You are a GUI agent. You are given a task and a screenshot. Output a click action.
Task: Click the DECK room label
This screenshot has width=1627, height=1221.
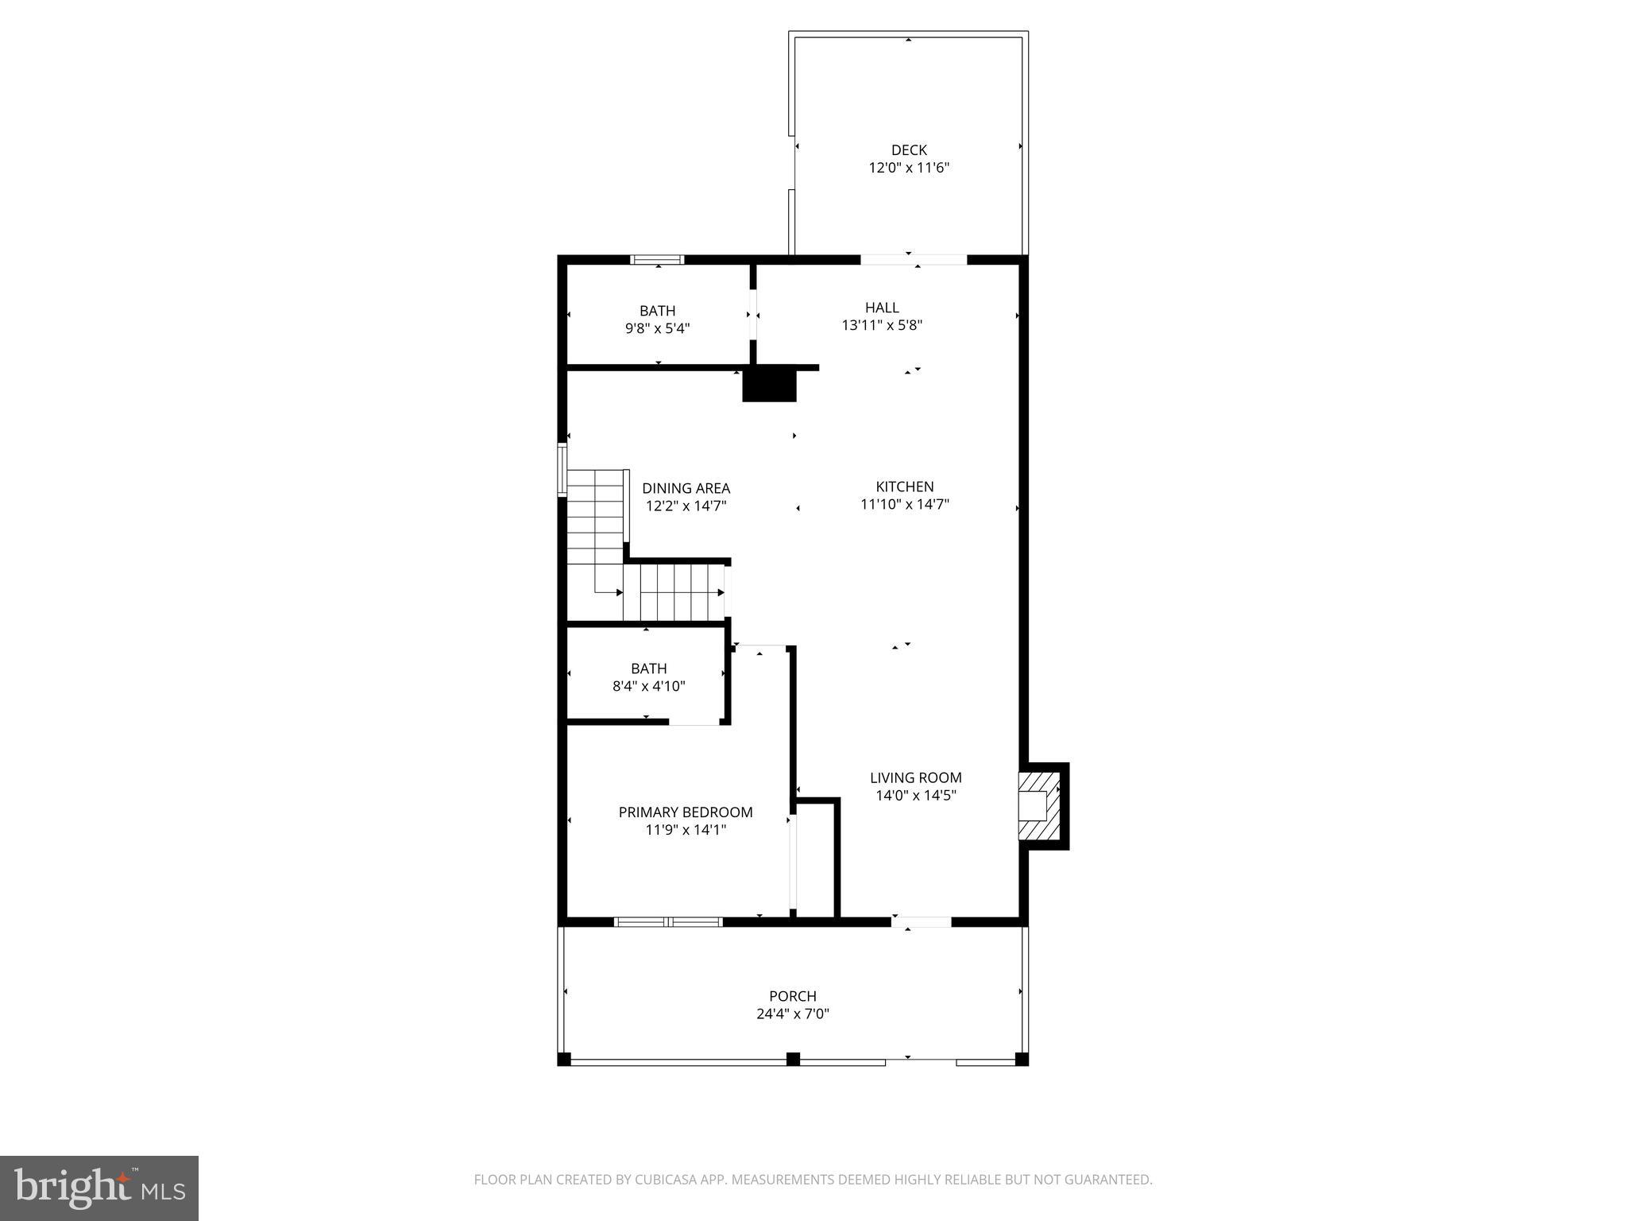(x=909, y=150)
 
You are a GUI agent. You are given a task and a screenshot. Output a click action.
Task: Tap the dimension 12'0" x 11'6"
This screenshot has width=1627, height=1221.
(x=909, y=168)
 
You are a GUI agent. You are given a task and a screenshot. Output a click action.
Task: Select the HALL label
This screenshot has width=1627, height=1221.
(x=882, y=308)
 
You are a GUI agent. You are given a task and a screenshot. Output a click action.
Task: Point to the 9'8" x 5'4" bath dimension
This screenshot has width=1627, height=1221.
(x=657, y=328)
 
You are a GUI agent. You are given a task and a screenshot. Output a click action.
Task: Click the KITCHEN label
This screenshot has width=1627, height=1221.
(x=904, y=486)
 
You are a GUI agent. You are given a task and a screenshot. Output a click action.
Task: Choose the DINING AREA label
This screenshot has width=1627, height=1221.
(x=686, y=488)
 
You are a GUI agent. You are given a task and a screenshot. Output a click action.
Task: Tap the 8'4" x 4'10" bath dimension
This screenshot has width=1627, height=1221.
(x=648, y=686)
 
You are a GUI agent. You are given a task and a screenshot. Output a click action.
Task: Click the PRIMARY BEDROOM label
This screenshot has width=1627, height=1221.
(x=685, y=812)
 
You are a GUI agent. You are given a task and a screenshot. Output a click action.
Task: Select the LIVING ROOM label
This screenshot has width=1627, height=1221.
(x=915, y=777)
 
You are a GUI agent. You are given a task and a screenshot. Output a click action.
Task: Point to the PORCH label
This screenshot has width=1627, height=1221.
(x=792, y=996)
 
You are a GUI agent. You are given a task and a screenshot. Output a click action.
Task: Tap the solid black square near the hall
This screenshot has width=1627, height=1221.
(x=769, y=385)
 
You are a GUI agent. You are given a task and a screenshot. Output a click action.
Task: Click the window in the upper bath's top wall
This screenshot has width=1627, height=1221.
(x=657, y=259)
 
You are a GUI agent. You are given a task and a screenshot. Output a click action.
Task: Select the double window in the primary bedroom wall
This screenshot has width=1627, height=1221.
(x=668, y=922)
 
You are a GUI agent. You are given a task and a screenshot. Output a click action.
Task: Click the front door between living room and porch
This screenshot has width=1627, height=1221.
(x=921, y=922)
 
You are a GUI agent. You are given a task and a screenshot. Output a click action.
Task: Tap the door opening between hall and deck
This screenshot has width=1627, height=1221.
(x=914, y=259)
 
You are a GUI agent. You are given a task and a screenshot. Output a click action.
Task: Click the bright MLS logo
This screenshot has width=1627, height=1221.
(x=99, y=1188)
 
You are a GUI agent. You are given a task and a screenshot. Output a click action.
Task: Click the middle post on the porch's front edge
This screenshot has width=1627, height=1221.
(x=792, y=1059)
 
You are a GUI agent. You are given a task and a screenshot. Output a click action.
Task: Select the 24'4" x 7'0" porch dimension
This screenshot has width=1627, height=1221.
(x=792, y=1014)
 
